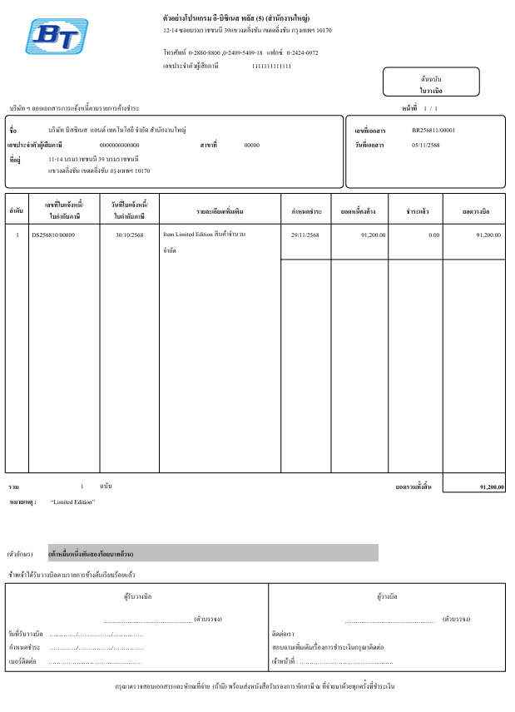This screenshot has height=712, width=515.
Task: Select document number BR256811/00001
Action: click(433, 131)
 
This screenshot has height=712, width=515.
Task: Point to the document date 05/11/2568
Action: click(427, 145)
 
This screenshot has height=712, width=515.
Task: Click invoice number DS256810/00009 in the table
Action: click(53, 235)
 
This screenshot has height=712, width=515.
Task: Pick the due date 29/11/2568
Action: click(305, 235)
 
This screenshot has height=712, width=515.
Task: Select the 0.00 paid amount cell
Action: click(433, 235)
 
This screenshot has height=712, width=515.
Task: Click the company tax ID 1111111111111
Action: click(271, 66)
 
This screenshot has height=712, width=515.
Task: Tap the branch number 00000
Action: click(251, 145)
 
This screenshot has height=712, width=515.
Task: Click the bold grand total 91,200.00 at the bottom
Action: click(492, 487)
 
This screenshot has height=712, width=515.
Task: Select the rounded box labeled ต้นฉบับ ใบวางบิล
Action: click(431, 83)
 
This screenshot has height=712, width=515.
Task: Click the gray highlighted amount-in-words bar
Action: click(213, 553)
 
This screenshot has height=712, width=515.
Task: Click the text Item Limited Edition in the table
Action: click(188, 235)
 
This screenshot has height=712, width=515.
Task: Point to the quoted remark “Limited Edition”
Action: click(73, 502)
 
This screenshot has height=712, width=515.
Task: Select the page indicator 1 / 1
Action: click(430, 109)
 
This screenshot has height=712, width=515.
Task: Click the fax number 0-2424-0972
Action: click(302, 52)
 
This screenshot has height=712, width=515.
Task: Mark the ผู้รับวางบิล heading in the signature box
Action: click(137, 596)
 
